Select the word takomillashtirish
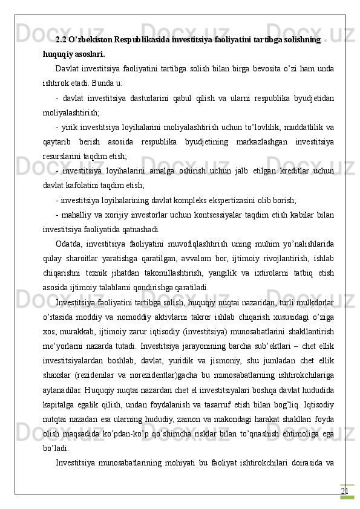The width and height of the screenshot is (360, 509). [x=184, y=270]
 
